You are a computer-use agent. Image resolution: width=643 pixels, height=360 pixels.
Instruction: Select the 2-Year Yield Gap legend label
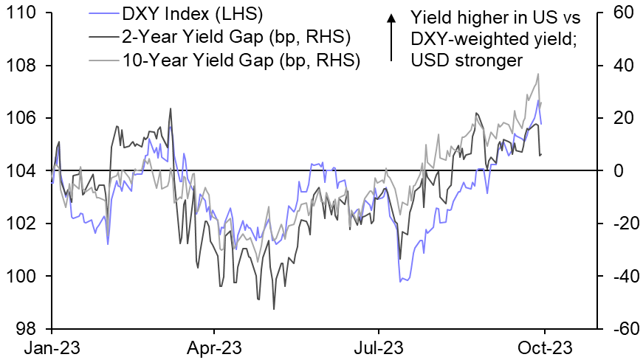click(234, 37)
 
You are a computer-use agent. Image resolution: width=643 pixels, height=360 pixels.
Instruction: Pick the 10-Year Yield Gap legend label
click(238, 60)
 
